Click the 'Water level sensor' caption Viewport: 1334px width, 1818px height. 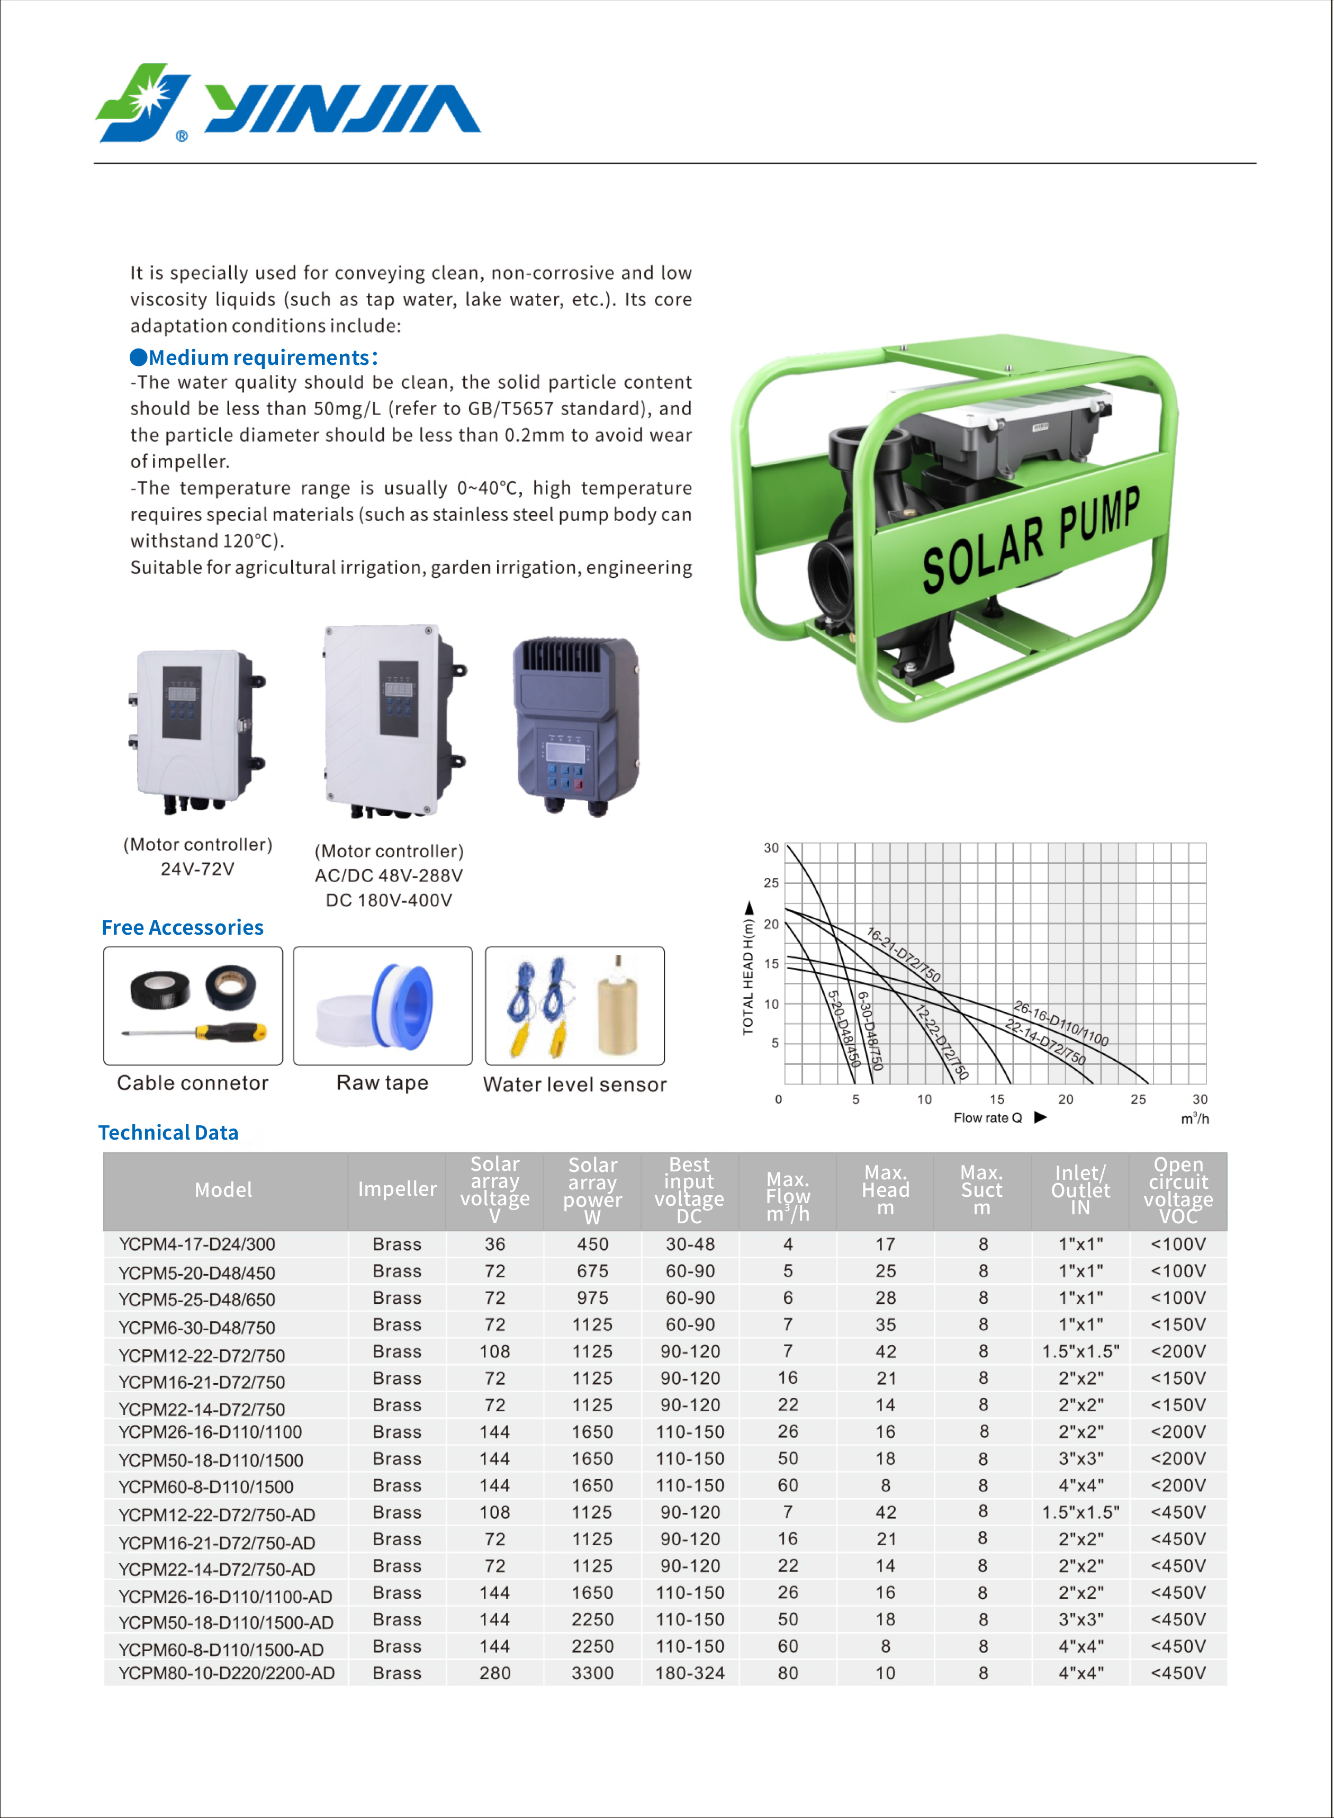(x=574, y=1084)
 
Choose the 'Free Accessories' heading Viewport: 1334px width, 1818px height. (x=183, y=927)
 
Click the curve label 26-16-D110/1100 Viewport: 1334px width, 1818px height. (x=1061, y=1023)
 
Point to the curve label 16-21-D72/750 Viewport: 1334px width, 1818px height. (x=903, y=954)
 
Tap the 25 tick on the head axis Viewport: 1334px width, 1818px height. (x=771, y=883)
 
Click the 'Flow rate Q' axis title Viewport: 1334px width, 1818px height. (x=988, y=1118)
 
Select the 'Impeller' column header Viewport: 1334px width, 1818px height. (x=396, y=1189)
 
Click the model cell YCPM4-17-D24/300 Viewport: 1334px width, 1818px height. (x=197, y=1244)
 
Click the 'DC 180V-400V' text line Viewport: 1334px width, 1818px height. (x=389, y=900)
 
